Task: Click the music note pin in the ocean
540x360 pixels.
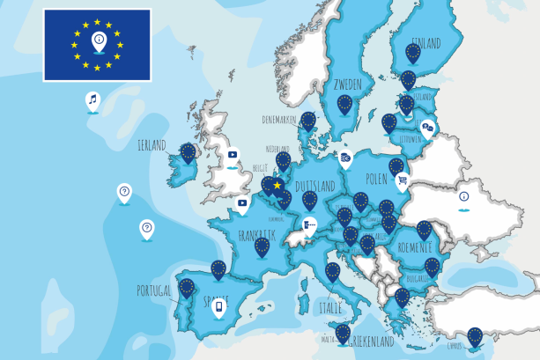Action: pyautogui.click(x=92, y=100)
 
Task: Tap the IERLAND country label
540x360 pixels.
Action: pyautogui.click(x=151, y=145)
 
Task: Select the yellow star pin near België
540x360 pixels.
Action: pyautogui.click(x=277, y=186)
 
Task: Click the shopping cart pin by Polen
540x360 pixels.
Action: pyautogui.click(x=403, y=180)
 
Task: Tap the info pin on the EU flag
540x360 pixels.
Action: pyautogui.click(x=98, y=40)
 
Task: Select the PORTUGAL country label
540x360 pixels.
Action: pyautogui.click(x=155, y=290)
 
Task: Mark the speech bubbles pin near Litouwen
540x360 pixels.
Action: pyautogui.click(x=427, y=129)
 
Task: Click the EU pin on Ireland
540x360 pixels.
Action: pyautogui.click(x=188, y=152)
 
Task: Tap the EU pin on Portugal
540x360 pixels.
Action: pyautogui.click(x=186, y=287)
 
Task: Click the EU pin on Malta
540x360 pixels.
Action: pyautogui.click(x=343, y=333)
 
